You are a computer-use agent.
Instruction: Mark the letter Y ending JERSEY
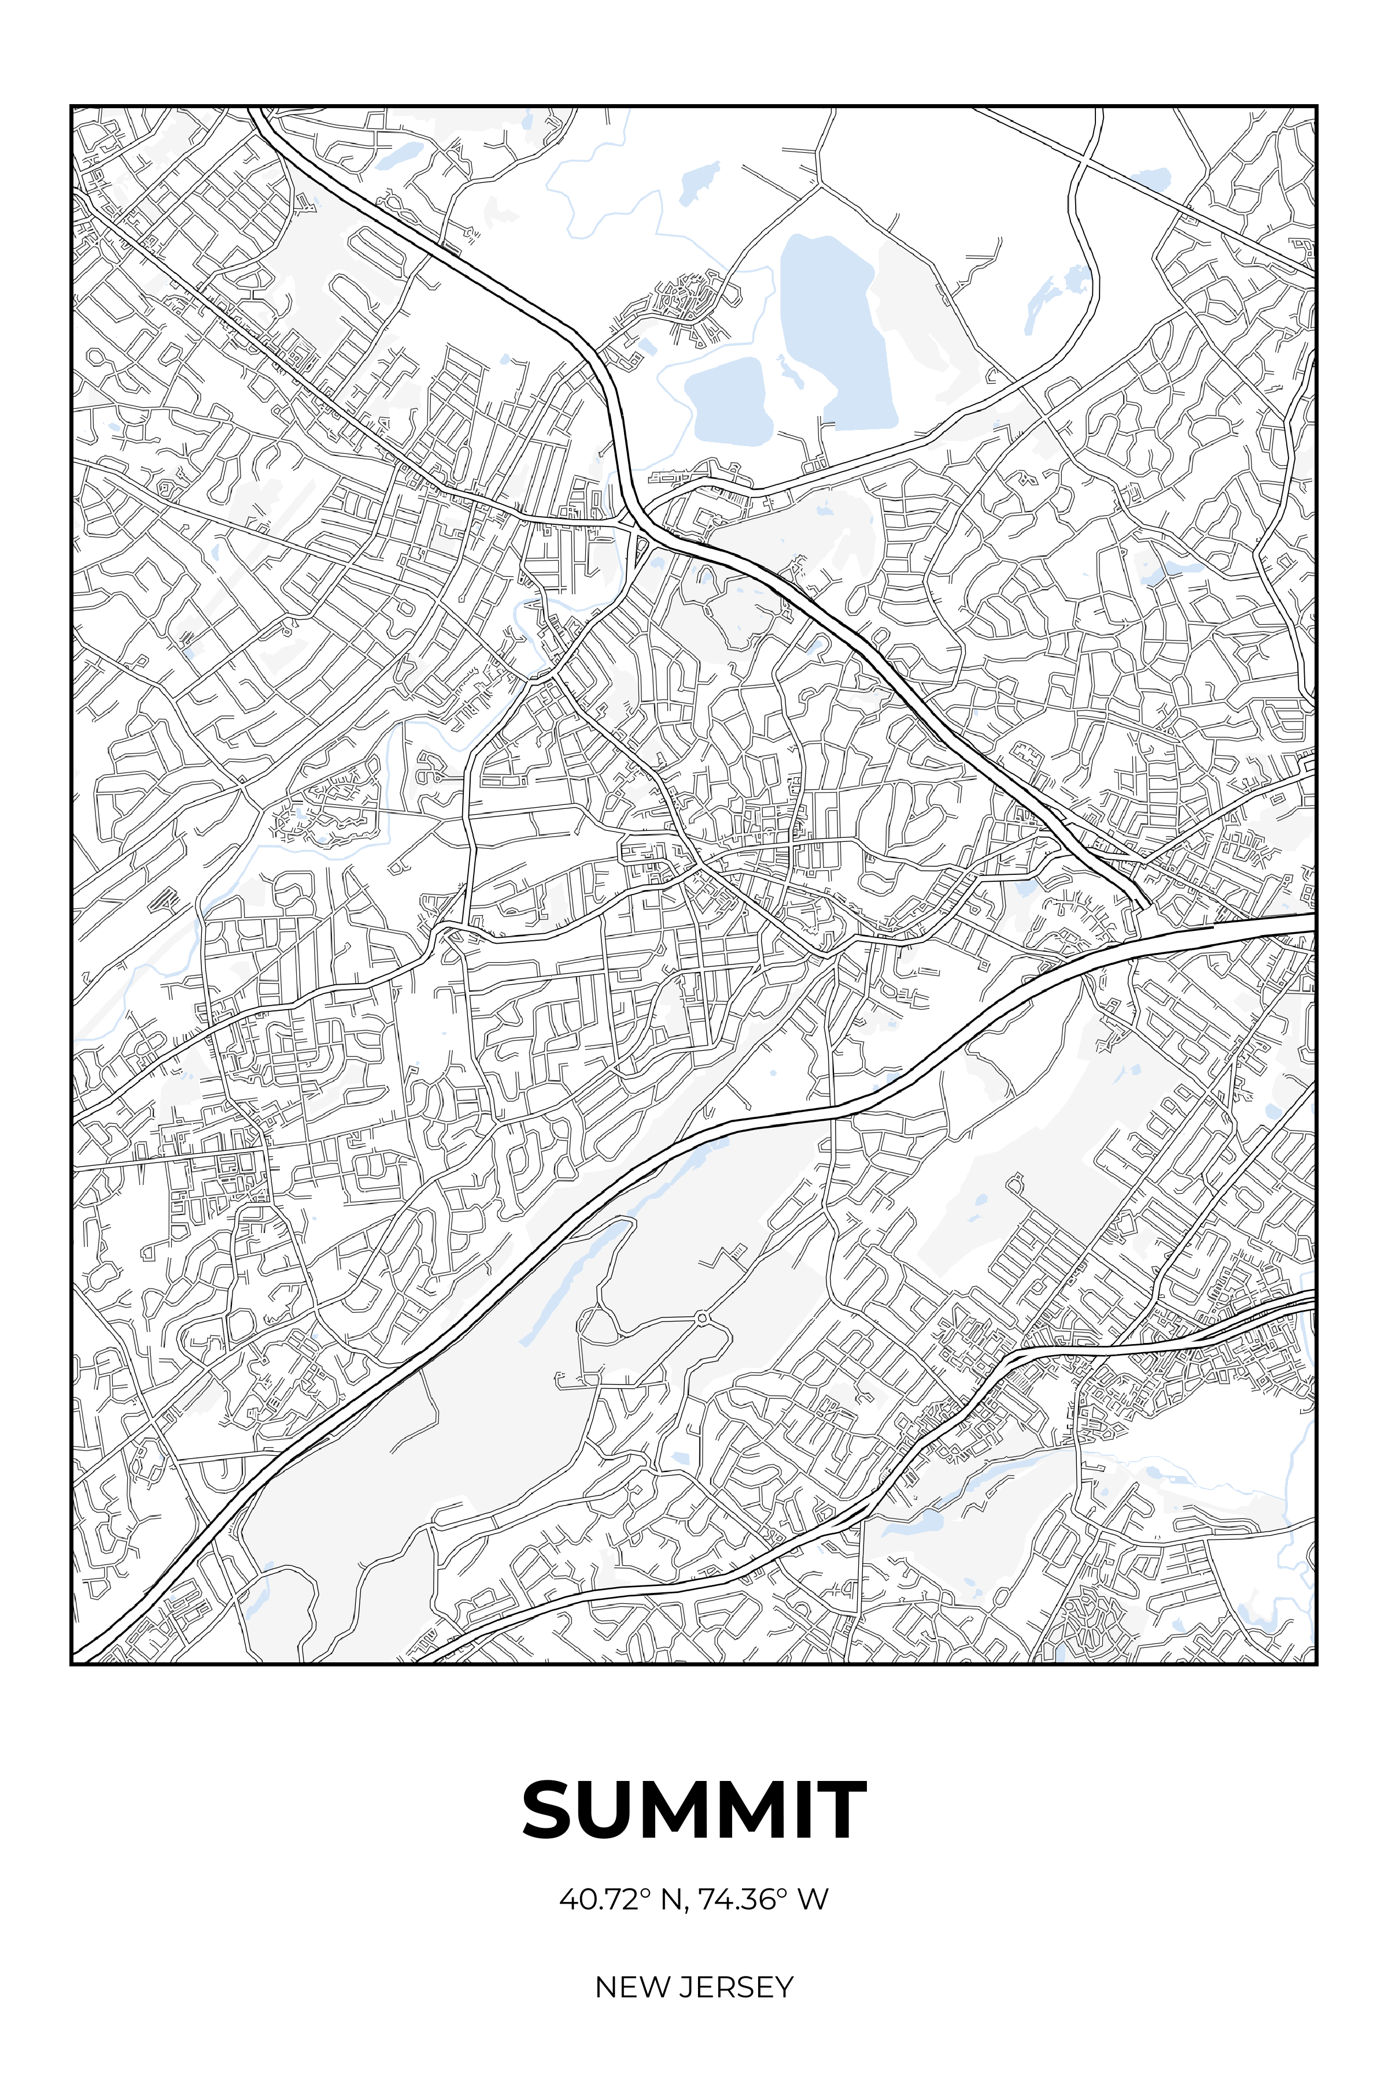coord(784,1986)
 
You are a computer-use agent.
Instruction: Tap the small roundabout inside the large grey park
coord(702,1318)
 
